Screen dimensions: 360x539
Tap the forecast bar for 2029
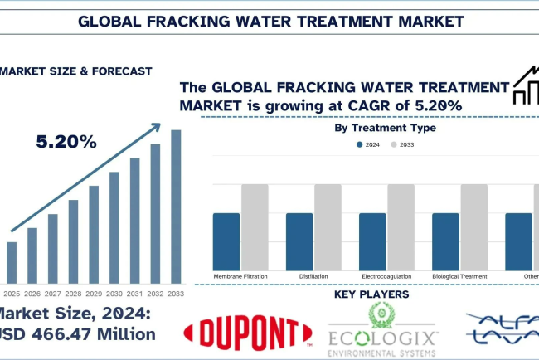click(x=94, y=235)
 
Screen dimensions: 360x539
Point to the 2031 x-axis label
click(x=135, y=294)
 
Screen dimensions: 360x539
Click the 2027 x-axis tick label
click(x=53, y=294)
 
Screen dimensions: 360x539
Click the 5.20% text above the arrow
click(x=66, y=142)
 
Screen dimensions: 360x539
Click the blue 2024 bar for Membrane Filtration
click(x=226, y=240)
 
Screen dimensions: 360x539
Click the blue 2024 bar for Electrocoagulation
click(x=372, y=240)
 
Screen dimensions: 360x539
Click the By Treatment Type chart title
click(x=385, y=128)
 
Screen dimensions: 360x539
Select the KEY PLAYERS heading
click(x=371, y=294)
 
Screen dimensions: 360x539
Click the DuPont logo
click(x=246, y=331)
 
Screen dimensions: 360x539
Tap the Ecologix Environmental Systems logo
click(x=384, y=331)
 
